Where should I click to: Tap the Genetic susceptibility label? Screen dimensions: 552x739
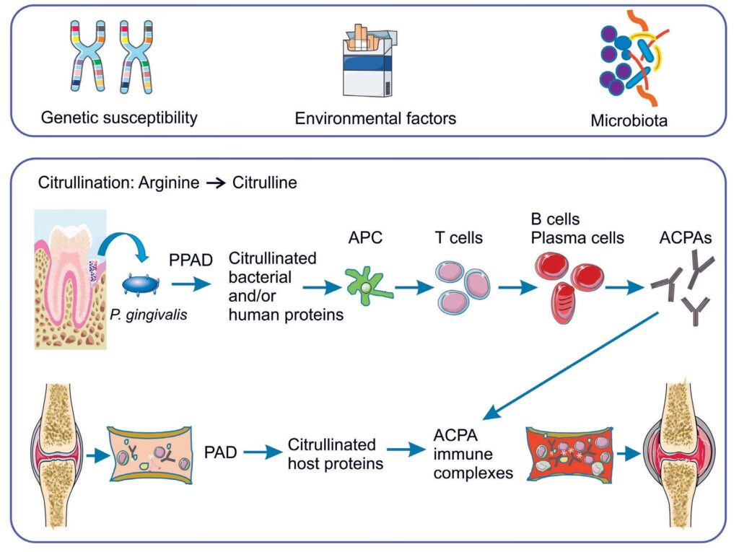tap(119, 117)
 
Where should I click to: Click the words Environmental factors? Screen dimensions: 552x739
tap(375, 118)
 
